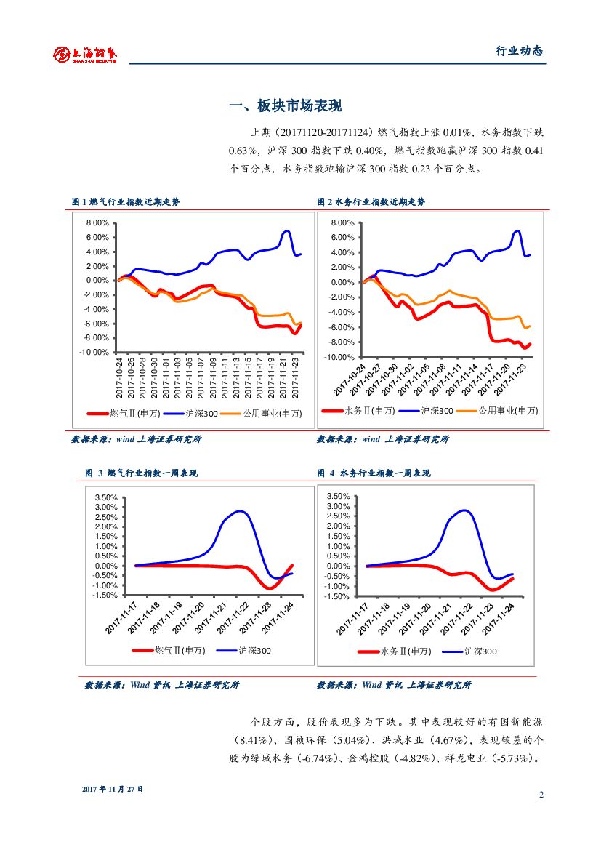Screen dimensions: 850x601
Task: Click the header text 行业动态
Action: tap(519, 52)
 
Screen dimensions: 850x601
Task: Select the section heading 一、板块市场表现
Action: tap(285, 106)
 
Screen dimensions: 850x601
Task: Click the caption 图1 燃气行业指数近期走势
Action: tap(126, 201)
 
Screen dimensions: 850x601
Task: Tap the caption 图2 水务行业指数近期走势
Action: tap(371, 201)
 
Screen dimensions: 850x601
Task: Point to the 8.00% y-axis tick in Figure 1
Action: tap(97, 223)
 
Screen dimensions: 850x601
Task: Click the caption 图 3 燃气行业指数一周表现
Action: tap(142, 473)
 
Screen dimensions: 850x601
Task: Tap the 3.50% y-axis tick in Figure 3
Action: tap(106, 498)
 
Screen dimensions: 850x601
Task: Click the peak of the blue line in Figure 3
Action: tap(240, 511)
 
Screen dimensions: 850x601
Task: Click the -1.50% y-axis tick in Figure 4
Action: tap(338, 596)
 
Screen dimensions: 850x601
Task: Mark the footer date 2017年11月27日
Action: tap(113, 789)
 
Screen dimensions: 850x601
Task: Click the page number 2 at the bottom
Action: tap(541, 794)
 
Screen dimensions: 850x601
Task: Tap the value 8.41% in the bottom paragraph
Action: tap(251, 740)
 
